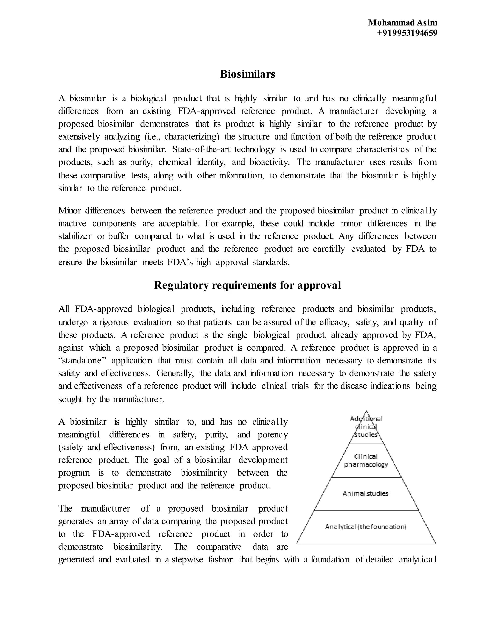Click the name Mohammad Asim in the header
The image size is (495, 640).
[402, 22]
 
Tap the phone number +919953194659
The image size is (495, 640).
[407, 33]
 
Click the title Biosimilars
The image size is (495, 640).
[247, 74]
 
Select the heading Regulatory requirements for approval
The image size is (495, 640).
[247, 285]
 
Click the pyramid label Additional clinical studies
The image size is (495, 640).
[366, 427]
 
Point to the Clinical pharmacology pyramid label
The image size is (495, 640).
[366, 460]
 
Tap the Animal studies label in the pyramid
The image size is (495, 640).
[365, 493]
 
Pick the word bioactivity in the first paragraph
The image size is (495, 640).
[269, 162]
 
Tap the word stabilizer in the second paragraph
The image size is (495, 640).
[74, 236]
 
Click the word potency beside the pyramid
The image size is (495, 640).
[272, 434]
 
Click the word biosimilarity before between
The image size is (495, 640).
[204, 473]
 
